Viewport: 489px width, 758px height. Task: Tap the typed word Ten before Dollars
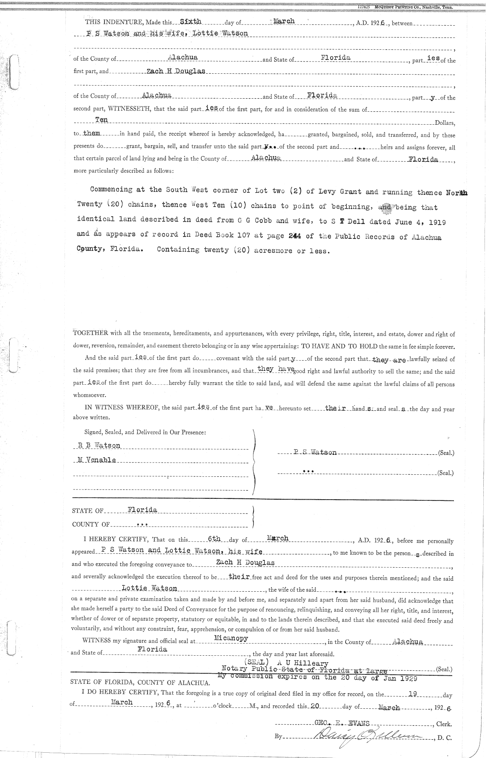click(101, 120)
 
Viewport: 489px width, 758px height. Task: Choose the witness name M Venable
click(97, 460)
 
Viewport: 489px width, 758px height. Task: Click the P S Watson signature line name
click(315, 452)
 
